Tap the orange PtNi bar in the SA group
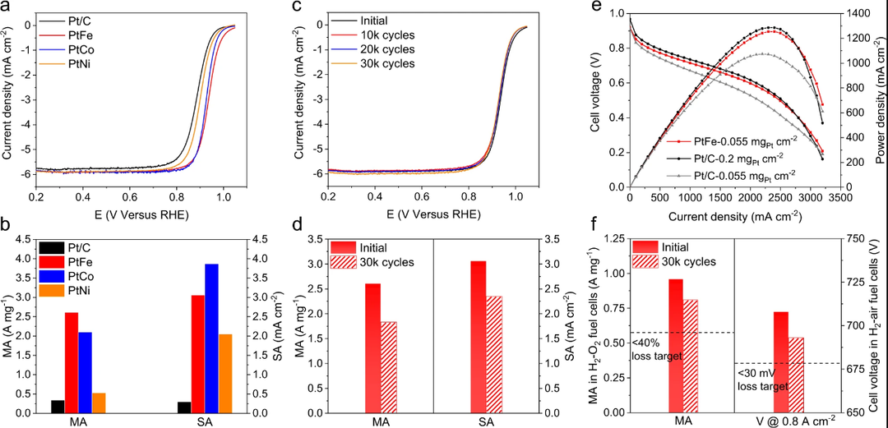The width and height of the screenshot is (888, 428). [x=225, y=373]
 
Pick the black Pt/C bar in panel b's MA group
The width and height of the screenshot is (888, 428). [x=57, y=406]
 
